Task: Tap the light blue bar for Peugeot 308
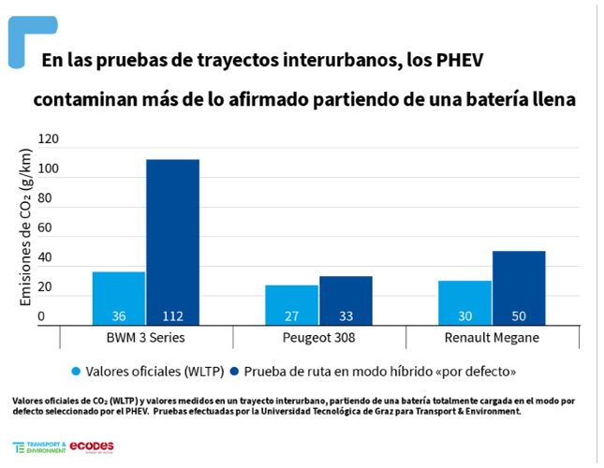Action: (x=292, y=304)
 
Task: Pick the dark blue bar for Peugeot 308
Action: (x=346, y=300)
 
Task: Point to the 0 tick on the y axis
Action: (x=41, y=316)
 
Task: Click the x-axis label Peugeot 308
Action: (x=318, y=337)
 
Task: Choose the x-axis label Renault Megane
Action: (x=492, y=337)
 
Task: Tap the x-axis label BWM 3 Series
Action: (x=145, y=337)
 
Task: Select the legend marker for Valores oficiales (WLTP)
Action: (x=77, y=371)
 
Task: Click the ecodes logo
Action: (x=92, y=446)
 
